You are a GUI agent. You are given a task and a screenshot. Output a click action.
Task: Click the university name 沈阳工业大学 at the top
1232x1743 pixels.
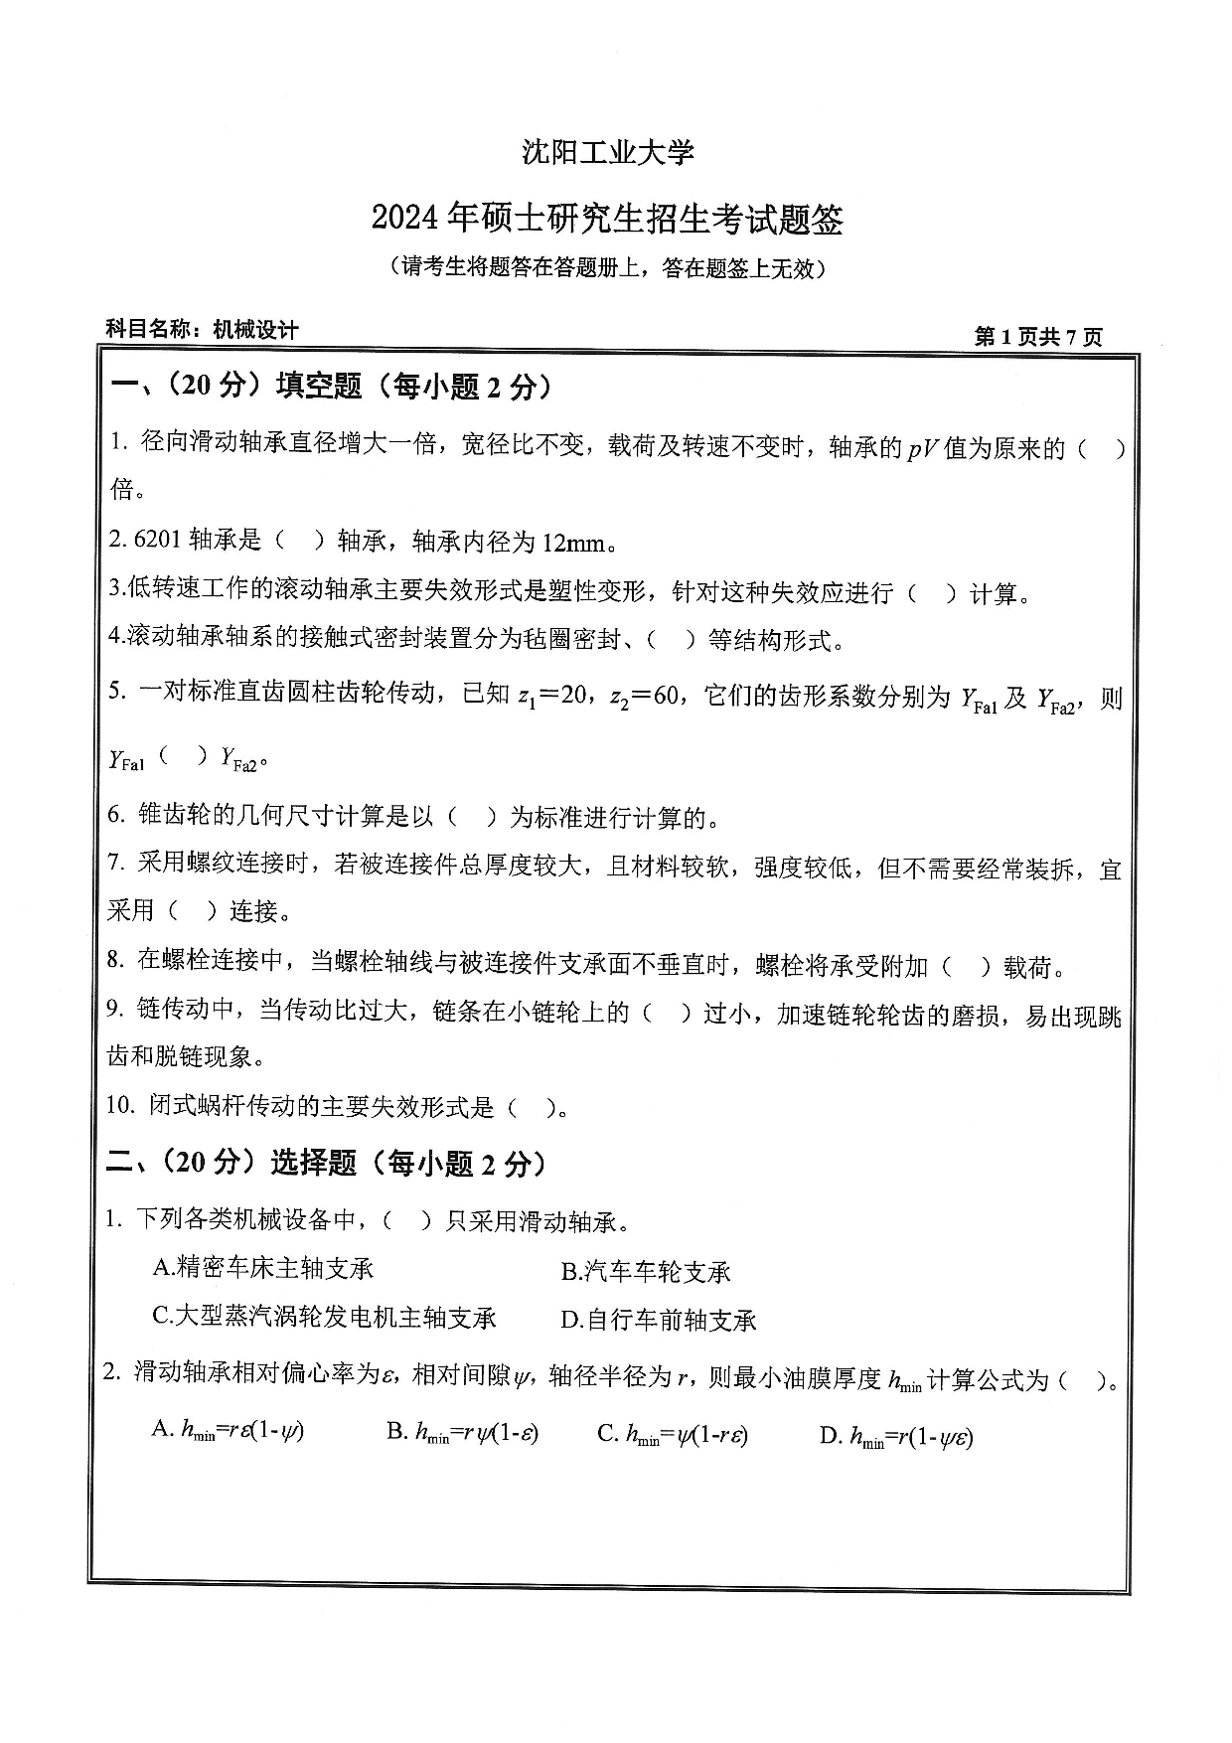tap(607, 152)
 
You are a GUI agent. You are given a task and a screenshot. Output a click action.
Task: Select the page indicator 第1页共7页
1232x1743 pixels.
tap(1038, 337)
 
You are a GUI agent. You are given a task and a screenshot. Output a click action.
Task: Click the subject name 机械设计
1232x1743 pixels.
tap(255, 330)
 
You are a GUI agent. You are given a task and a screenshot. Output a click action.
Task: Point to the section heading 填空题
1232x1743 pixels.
tap(319, 387)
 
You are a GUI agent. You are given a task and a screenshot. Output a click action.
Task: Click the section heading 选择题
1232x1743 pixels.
tap(313, 1163)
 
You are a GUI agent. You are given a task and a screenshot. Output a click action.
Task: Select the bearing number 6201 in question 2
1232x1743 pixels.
tap(156, 542)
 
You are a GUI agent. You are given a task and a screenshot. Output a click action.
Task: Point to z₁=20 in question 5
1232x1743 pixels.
tap(552, 696)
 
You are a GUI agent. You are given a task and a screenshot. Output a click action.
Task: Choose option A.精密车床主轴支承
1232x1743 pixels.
tap(263, 1268)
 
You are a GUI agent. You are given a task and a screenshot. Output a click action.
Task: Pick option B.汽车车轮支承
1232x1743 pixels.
tap(646, 1271)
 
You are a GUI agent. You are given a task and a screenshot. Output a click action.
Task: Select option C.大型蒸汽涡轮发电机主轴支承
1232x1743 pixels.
tap(324, 1318)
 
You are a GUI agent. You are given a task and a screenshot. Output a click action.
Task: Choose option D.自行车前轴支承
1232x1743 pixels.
tap(659, 1321)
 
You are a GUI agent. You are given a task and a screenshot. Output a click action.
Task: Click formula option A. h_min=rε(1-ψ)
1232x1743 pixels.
tap(228, 1431)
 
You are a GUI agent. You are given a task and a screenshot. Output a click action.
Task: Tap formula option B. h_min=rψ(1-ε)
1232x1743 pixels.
tap(463, 1432)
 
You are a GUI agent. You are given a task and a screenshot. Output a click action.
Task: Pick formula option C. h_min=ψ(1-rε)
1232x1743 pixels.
tap(673, 1434)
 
